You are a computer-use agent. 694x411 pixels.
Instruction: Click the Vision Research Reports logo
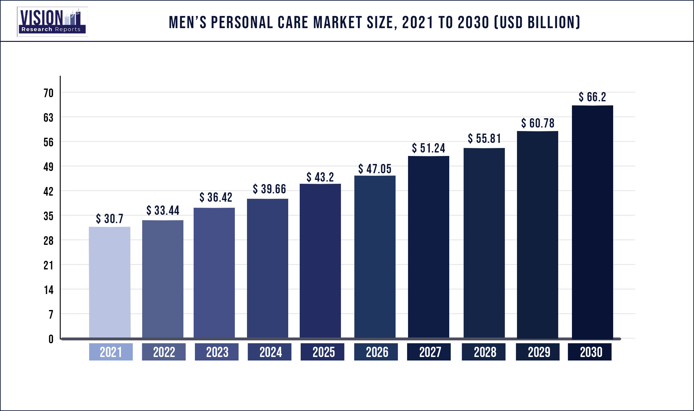[x=52, y=21]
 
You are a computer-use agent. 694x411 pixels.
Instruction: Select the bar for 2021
[x=110, y=282]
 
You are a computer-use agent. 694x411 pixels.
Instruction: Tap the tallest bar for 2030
[x=592, y=222]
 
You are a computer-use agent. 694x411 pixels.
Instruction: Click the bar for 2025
[x=320, y=261]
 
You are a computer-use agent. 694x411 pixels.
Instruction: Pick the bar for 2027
[x=428, y=247]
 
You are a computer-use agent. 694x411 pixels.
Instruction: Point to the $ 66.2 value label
[x=592, y=97]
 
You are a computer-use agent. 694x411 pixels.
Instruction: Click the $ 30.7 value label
[x=110, y=219]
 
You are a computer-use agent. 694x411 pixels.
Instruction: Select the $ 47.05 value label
[x=375, y=169]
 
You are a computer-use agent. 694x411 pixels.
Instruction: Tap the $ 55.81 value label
[x=484, y=138]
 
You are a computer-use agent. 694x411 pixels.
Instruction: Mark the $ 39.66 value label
[x=269, y=189]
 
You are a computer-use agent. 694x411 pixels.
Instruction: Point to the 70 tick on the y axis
[x=48, y=93]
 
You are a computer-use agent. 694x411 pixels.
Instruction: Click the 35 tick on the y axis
[x=48, y=216]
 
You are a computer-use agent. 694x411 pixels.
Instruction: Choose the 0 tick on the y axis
[x=51, y=339]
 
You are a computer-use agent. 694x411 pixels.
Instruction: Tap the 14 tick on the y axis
[x=48, y=290]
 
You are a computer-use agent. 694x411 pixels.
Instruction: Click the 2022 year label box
[x=164, y=352]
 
